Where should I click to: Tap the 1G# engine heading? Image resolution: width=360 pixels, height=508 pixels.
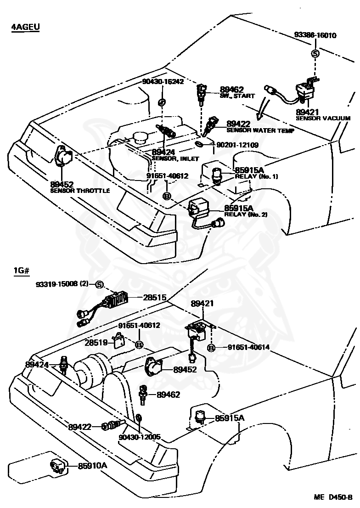click(22, 271)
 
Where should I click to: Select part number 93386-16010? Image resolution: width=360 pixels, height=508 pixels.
click(315, 35)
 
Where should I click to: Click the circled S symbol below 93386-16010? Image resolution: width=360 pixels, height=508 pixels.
click(315, 53)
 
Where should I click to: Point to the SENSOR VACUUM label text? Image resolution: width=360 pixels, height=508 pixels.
click(323, 118)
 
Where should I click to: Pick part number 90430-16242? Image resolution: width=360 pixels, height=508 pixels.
click(163, 81)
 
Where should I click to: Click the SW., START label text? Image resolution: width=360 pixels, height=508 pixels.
click(237, 96)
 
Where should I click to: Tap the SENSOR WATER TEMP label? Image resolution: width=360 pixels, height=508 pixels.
click(260, 130)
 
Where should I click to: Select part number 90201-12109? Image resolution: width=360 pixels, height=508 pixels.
click(237, 145)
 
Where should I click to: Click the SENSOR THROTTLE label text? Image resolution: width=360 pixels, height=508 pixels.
click(80, 191)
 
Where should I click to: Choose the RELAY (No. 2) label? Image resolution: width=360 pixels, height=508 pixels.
click(246, 214)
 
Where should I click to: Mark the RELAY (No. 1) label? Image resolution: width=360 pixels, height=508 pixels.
click(256, 176)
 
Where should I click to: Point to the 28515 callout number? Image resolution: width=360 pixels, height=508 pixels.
click(155, 297)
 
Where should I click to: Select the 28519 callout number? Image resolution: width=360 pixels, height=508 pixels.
click(96, 343)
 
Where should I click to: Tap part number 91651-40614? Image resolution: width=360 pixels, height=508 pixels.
click(248, 347)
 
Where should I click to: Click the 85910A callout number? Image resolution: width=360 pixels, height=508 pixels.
click(92, 466)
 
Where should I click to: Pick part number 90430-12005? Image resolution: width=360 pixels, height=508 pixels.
click(140, 437)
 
